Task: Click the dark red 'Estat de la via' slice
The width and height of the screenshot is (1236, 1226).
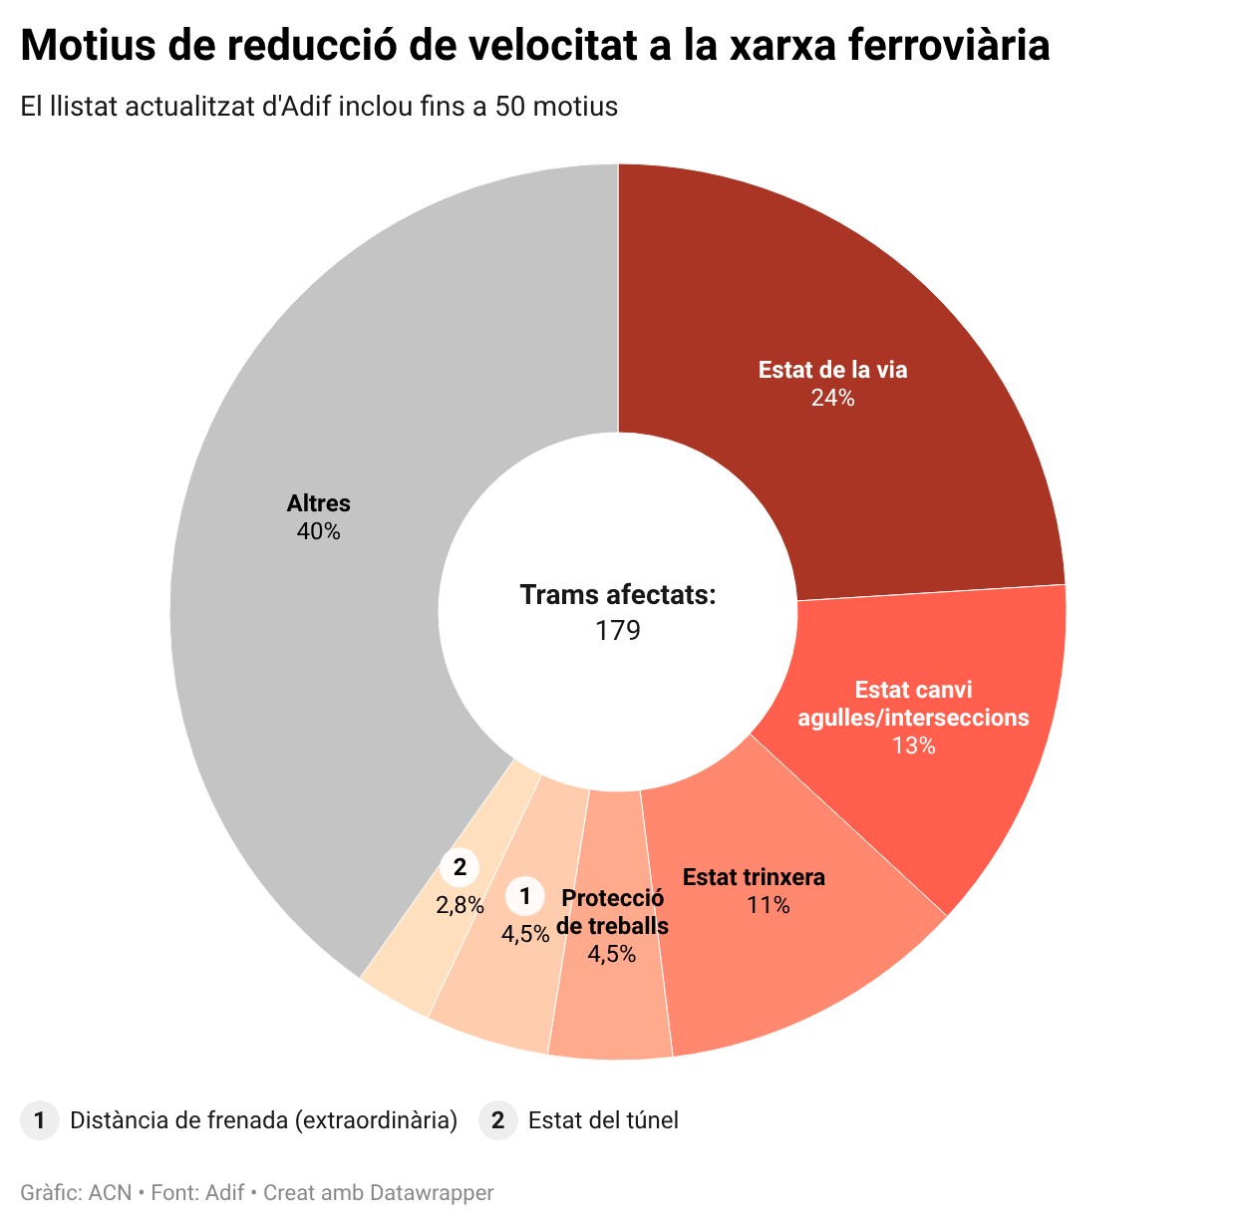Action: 877,299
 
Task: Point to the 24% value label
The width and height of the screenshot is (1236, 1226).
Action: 832,399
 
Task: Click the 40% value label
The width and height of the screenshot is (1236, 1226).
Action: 318,532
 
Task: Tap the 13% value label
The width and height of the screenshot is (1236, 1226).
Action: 913,747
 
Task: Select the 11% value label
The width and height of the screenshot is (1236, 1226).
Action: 769,906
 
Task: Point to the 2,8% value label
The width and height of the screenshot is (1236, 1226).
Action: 460,906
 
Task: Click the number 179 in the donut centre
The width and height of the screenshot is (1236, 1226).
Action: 618,631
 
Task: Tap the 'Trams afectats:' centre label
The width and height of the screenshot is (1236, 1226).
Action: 618,595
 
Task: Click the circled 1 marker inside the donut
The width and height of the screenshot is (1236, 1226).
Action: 525,896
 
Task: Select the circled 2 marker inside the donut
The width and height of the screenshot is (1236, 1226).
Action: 460,867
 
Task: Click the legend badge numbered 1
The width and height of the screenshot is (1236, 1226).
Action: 39,1120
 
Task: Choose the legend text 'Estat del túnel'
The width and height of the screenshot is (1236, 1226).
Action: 603,1120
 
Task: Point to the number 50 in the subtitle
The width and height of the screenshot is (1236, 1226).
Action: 510,106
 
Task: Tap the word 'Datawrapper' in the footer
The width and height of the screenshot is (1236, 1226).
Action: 431,1192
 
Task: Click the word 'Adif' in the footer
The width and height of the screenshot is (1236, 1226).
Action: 225,1192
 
